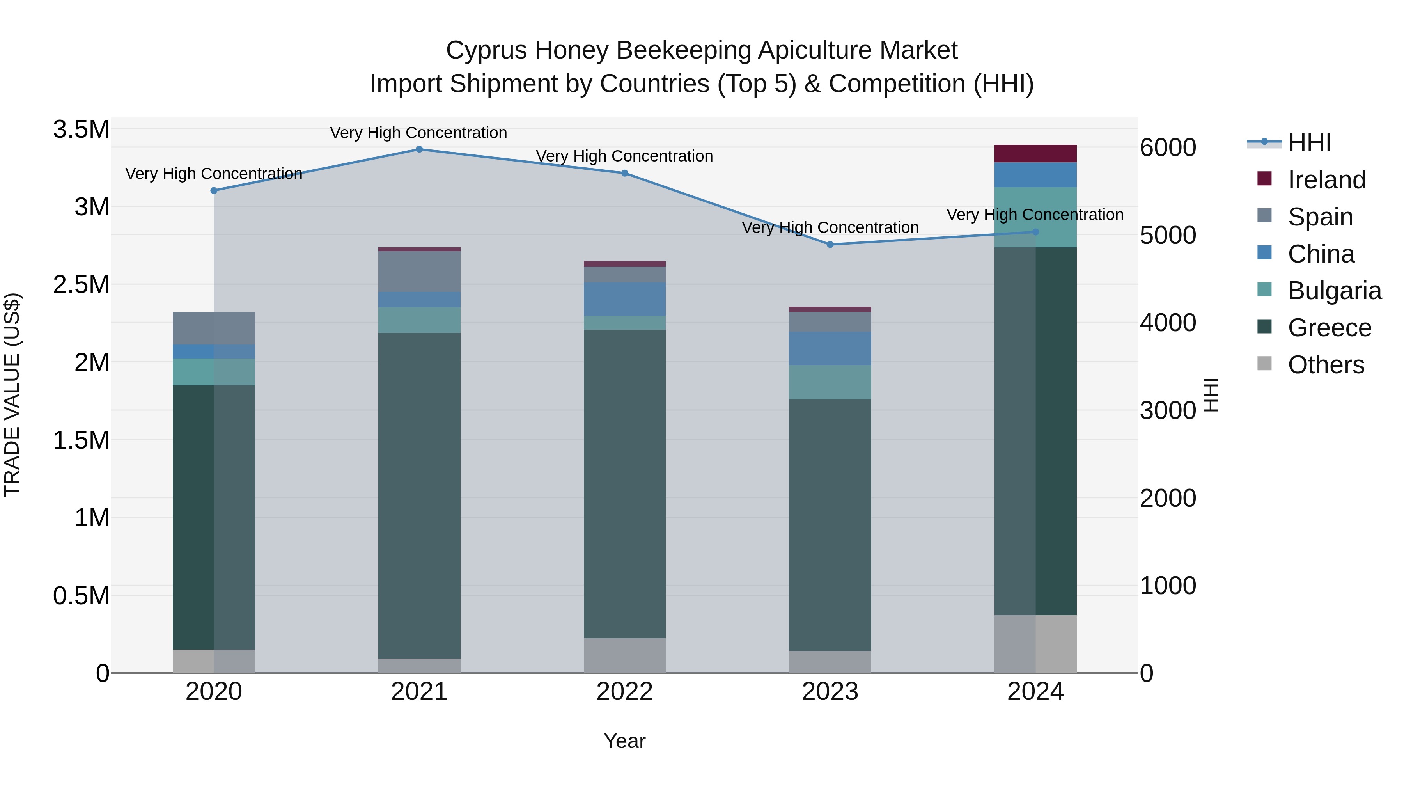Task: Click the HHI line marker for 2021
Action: click(x=419, y=149)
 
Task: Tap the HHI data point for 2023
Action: click(x=830, y=244)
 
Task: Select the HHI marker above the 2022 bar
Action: click(x=625, y=173)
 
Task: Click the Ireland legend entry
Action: click(x=1326, y=180)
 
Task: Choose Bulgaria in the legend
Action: click(x=1334, y=291)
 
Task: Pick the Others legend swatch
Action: click(x=1264, y=364)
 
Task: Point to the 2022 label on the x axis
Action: click(x=625, y=691)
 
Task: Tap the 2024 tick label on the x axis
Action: click(x=1035, y=691)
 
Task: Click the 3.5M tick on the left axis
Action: click(x=81, y=130)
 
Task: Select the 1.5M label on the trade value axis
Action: click(x=81, y=440)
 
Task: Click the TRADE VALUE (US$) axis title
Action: click(x=12, y=395)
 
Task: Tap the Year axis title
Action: click(x=625, y=741)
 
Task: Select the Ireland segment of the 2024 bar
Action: click(x=1035, y=153)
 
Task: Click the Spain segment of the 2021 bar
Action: click(x=419, y=271)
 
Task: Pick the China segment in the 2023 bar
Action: click(x=830, y=348)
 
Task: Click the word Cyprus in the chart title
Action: click(x=487, y=50)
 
